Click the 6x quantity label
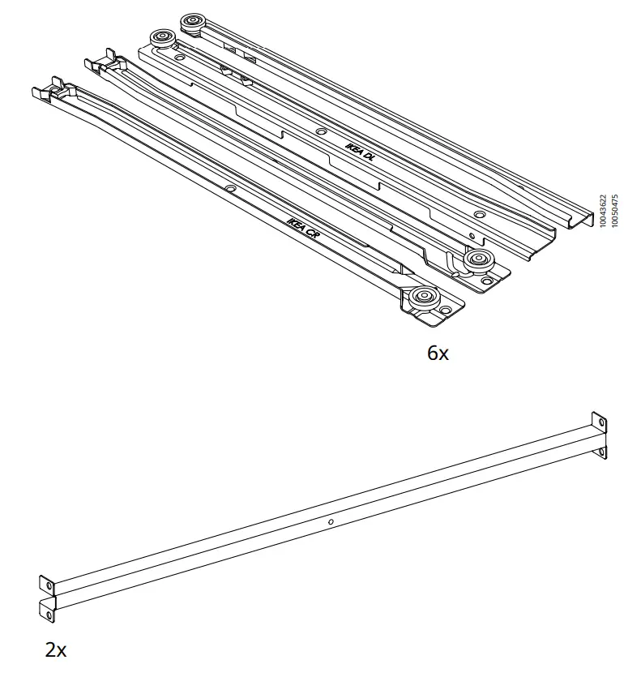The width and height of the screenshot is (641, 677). [x=437, y=354]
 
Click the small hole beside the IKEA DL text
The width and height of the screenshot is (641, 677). [x=322, y=131]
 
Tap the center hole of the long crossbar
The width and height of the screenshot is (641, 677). [x=331, y=522]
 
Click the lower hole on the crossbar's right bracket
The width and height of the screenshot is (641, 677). [x=600, y=451]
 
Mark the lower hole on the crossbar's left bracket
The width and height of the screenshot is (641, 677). [x=49, y=615]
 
